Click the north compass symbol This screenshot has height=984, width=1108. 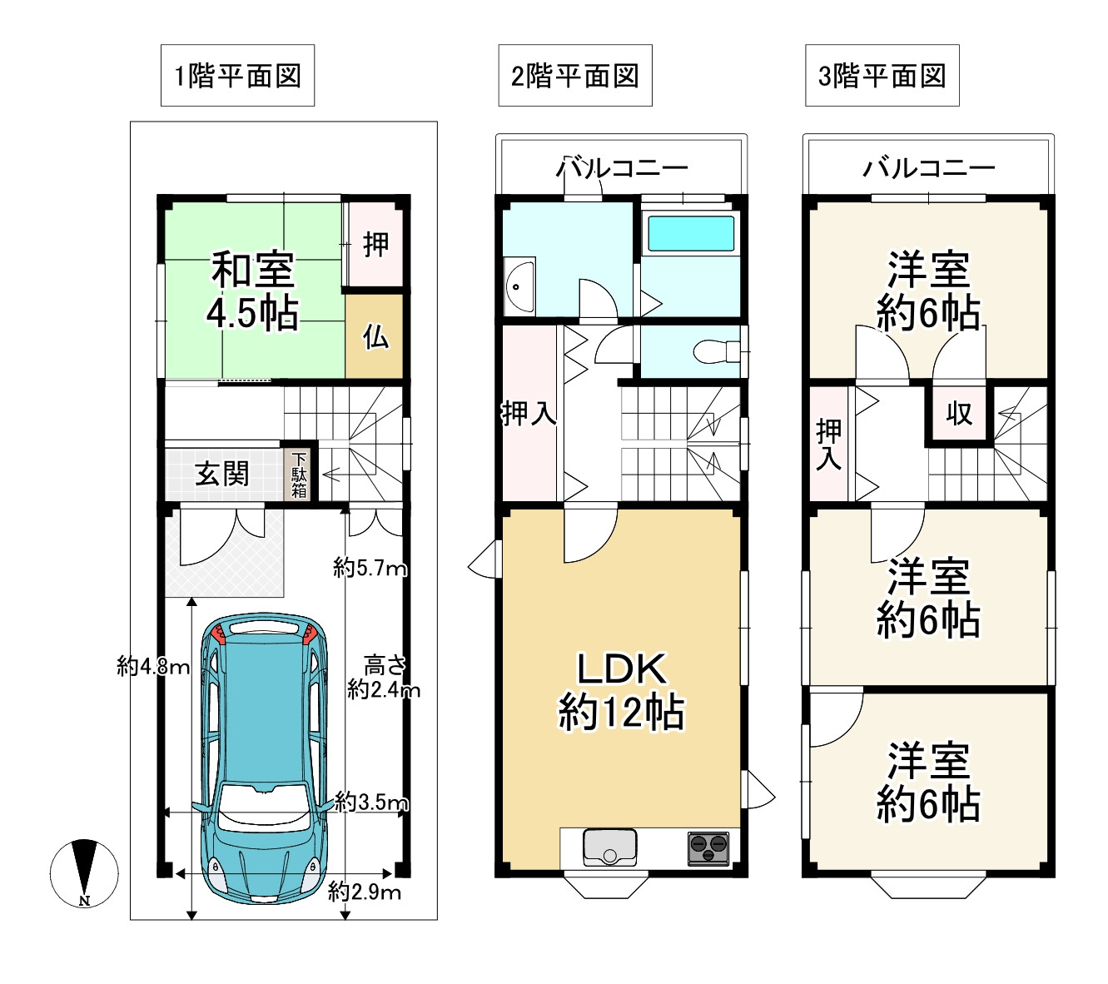pos(84,873)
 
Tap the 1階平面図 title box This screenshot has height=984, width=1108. pos(237,76)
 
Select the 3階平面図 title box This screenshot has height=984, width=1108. pos(882,76)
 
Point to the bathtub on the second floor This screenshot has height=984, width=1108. pos(691,233)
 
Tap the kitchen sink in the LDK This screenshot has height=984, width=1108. pos(610,847)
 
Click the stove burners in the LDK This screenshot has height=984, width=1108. pos(708,848)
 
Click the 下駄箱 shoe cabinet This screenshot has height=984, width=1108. pos(299,475)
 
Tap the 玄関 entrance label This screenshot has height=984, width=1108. pos(222,474)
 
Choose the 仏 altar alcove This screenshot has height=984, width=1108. pos(375,335)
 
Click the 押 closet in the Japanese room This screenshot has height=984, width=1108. pos(375,244)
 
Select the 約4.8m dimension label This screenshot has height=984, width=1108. pos(154,667)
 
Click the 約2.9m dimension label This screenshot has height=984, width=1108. pos(365,892)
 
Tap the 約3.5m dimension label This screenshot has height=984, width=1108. pos(371,803)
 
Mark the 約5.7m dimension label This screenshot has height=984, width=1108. pos(370,569)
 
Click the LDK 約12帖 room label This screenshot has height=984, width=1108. pos(621,691)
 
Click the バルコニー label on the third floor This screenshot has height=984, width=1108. pos(929,168)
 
